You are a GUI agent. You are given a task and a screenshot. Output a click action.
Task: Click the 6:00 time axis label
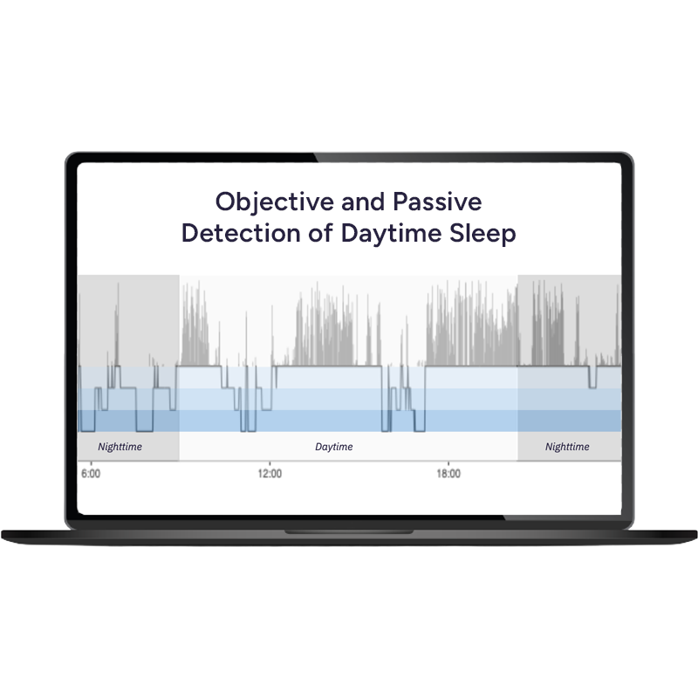click(x=90, y=474)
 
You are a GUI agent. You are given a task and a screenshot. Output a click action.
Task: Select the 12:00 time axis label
click(x=270, y=474)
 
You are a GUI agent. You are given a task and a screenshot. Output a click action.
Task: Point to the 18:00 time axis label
click(x=448, y=474)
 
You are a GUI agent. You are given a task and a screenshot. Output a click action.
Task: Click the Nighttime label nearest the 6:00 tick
click(x=120, y=447)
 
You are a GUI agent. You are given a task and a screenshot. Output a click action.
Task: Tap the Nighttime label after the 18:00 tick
click(x=567, y=447)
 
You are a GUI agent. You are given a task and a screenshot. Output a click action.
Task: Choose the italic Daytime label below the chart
click(x=334, y=447)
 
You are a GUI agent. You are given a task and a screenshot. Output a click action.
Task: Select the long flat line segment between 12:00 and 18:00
click(x=329, y=367)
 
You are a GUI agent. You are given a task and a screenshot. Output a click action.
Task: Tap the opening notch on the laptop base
click(x=349, y=530)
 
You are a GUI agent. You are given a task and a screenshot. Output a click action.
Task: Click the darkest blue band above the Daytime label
click(x=334, y=421)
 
